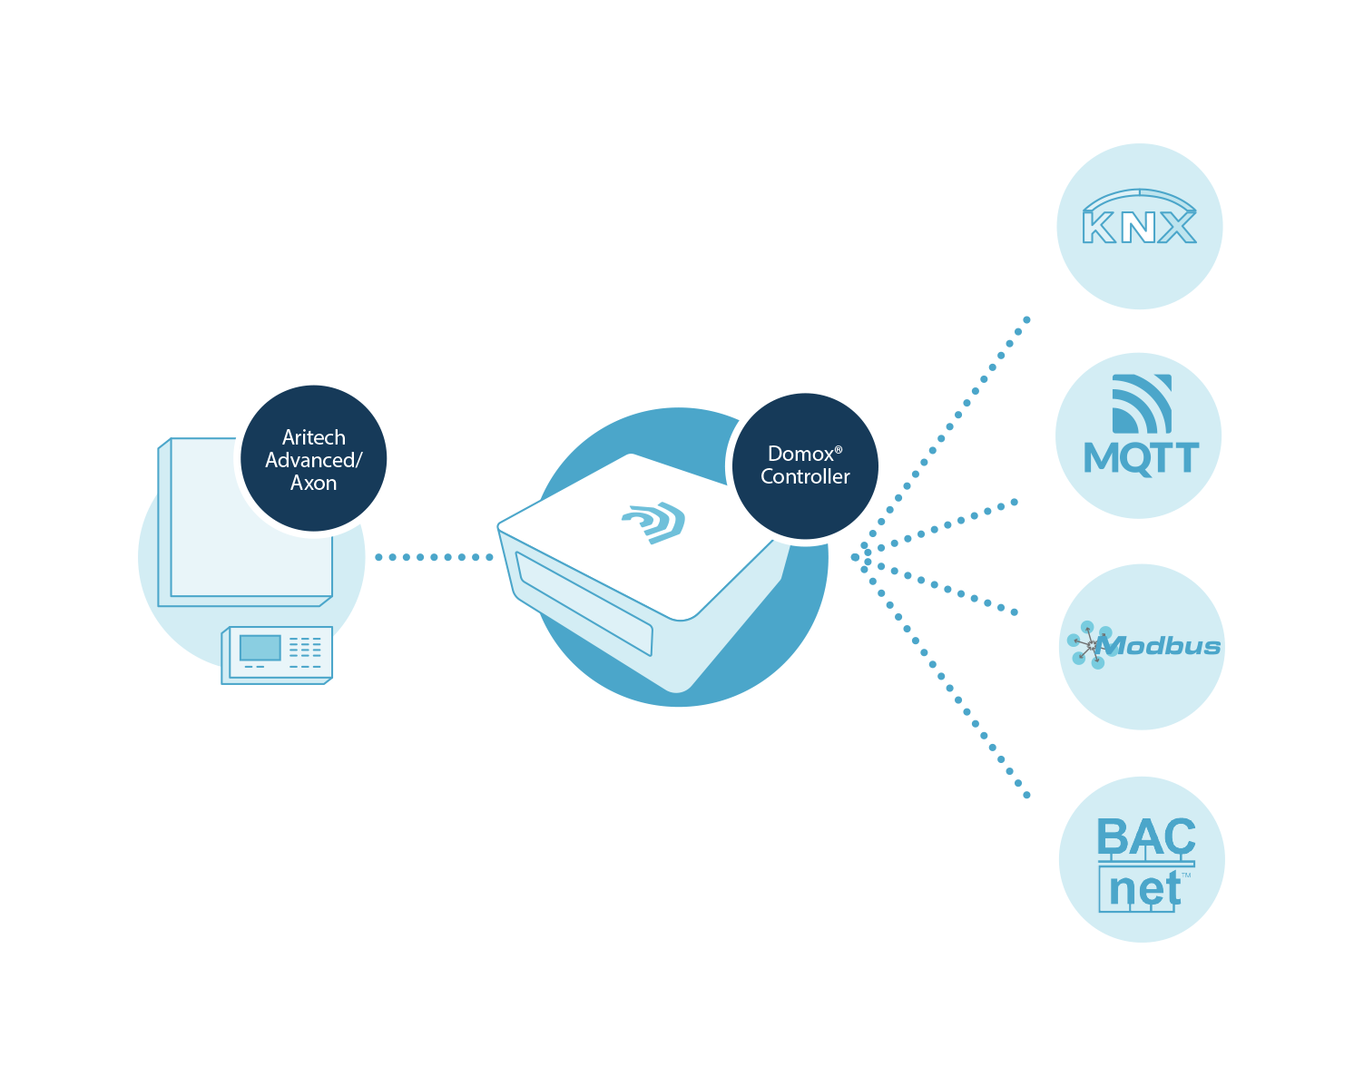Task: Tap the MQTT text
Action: click(x=1141, y=458)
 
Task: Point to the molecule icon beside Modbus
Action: click(x=1088, y=645)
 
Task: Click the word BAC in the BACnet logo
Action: click(x=1145, y=837)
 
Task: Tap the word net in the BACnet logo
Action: click(x=1143, y=889)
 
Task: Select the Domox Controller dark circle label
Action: click(x=805, y=465)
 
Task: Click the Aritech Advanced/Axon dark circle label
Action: click(x=313, y=459)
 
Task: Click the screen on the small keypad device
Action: click(x=260, y=647)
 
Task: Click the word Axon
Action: click(x=313, y=484)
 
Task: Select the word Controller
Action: click(x=805, y=477)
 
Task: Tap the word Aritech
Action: click(x=313, y=437)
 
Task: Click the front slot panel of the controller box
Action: click(x=584, y=603)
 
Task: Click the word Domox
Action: click(x=800, y=454)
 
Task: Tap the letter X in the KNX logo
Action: click(x=1177, y=227)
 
